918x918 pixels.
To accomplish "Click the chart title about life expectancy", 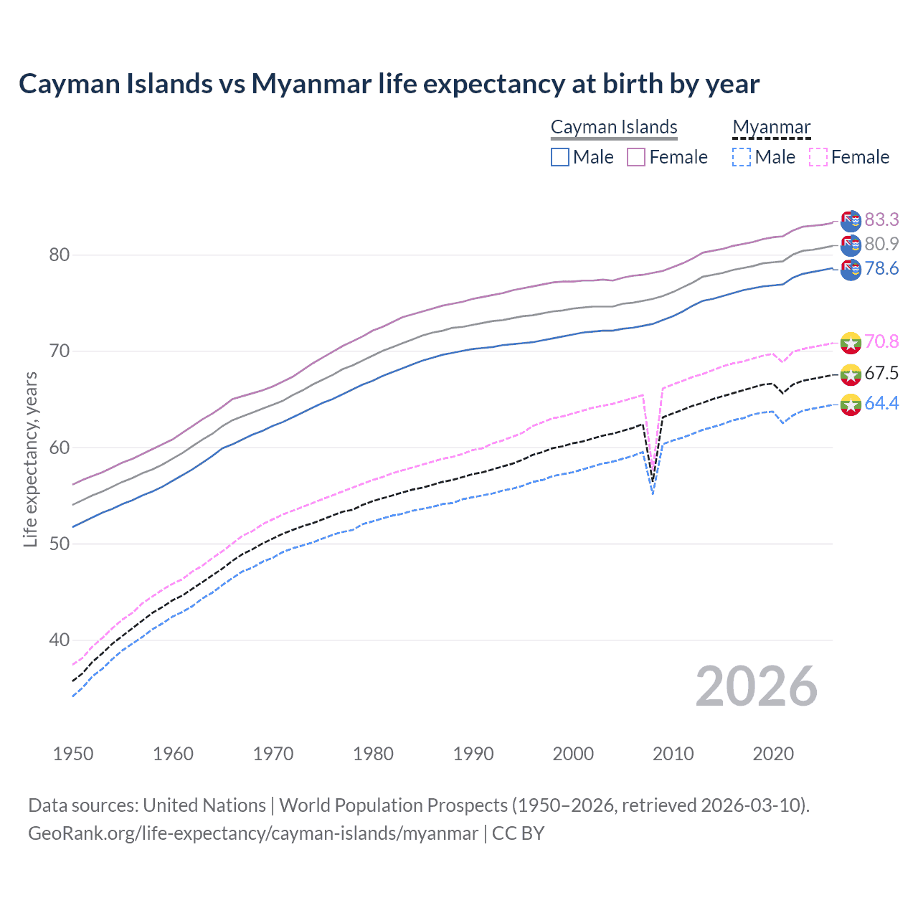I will tap(389, 84).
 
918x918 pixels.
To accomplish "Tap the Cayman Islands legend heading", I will tap(614, 127).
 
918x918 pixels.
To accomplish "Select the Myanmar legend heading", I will tap(771, 127).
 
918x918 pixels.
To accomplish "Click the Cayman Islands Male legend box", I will tap(560, 157).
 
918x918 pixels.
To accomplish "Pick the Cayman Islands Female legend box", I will tap(636, 157).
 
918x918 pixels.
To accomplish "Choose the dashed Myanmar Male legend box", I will tap(742, 157).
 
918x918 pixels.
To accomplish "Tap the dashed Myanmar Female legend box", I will tap(818, 157).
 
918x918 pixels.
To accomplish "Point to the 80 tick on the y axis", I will tap(60, 255).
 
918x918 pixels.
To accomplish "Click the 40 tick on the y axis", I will tap(60, 640).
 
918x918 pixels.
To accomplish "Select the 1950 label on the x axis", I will tap(73, 754).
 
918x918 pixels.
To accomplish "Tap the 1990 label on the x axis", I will tap(473, 754).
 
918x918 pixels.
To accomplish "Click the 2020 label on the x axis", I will tap(773, 754).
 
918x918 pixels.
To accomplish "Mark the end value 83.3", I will tap(881, 219).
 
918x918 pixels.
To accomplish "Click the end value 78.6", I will tap(881, 268).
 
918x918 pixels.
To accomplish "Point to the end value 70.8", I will tap(881, 341).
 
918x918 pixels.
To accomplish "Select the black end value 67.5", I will tap(881, 373).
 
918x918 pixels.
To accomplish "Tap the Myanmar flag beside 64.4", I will tap(851, 404).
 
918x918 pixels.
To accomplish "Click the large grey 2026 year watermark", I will tap(757, 686).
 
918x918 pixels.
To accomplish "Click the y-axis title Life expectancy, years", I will tap(30, 459).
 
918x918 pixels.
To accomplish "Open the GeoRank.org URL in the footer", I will tap(252, 833).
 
